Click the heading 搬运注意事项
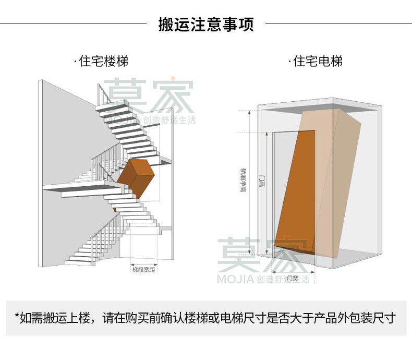pos(206,25)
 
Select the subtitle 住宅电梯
pos(318,62)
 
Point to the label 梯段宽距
pos(144,270)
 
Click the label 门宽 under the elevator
pos(293,278)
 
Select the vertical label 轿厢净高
pos(244,180)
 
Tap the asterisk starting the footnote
pos(17,317)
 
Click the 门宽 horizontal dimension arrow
pos(294,271)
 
